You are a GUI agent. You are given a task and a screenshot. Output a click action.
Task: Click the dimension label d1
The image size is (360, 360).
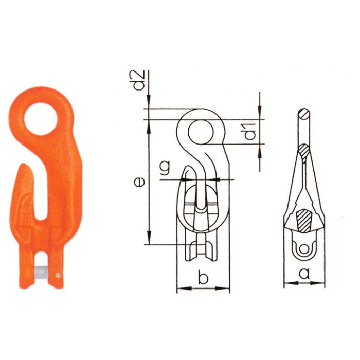coord(250,132)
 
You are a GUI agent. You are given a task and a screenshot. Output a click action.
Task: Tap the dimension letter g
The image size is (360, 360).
coord(165,168)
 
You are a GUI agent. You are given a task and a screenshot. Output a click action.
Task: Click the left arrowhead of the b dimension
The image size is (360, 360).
coord(179,289)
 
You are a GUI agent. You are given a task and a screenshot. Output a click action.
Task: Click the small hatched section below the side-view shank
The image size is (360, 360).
coord(304,151)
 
